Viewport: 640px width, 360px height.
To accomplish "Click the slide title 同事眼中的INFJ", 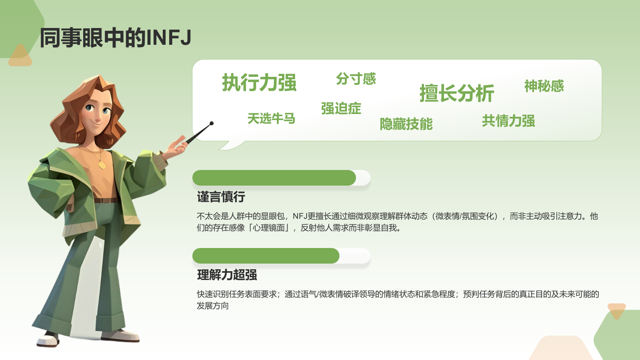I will (x=116, y=38).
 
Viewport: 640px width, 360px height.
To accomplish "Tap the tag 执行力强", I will (x=259, y=83).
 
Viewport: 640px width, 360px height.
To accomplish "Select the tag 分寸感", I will (x=356, y=79).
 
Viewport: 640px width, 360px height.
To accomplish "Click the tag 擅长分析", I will (x=456, y=94).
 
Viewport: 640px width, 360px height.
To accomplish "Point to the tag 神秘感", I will (x=544, y=86).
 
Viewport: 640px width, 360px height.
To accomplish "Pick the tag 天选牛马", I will (x=271, y=118).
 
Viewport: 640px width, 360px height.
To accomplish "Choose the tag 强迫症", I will (x=341, y=108).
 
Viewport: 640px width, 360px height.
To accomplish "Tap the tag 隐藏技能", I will (x=406, y=124).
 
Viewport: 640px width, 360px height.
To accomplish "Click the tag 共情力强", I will (x=508, y=121).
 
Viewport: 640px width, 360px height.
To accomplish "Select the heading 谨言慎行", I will (x=221, y=197).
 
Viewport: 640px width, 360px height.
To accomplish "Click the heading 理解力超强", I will (x=227, y=275).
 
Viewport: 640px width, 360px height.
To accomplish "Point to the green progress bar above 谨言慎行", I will (x=274, y=178).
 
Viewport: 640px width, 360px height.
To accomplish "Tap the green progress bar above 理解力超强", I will (x=266, y=256).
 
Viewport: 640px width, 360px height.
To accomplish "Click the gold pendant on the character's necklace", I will (x=102, y=165).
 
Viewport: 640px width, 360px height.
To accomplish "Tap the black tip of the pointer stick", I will (x=212, y=123).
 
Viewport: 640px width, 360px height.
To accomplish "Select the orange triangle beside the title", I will (x=20, y=56).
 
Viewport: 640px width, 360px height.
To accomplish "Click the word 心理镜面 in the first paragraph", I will (x=268, y=228).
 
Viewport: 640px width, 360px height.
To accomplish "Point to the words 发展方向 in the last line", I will (x=213, y=306).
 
